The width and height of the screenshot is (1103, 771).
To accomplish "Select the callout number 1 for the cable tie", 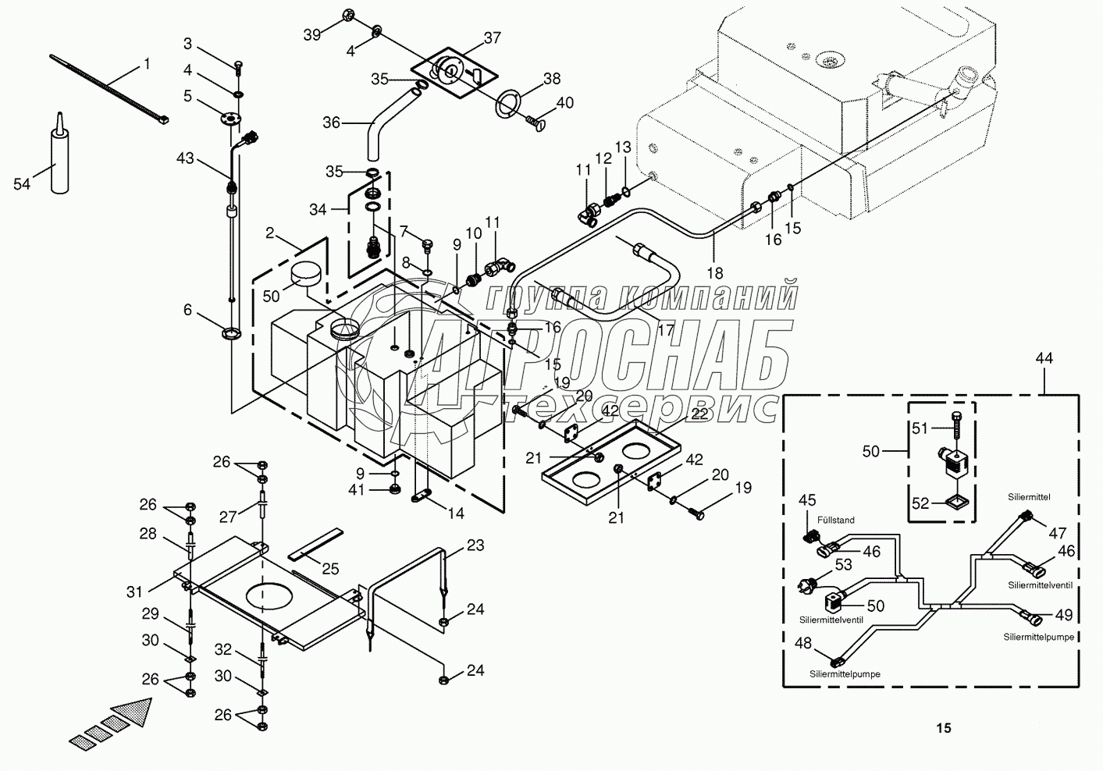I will (x=146, y=65).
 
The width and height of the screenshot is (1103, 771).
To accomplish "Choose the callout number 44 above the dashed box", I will (x=1044, y=358).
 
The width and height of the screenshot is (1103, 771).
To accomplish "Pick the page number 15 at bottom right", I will (x=944, y=728).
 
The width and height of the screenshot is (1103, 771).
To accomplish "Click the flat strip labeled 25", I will (x=315, y=545).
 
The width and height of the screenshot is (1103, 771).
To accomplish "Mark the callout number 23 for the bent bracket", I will (x=475, y=546).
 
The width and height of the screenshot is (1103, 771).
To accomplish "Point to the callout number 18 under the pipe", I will (x=715, y=273).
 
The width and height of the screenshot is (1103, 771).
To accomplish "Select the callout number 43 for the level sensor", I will (x=185, y=158).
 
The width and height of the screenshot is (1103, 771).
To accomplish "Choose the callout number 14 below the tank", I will (x=455, y=513).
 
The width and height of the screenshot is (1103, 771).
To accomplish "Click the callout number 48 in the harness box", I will (x=803, y=643).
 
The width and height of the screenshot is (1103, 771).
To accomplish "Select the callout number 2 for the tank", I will (x=270, y=233).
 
